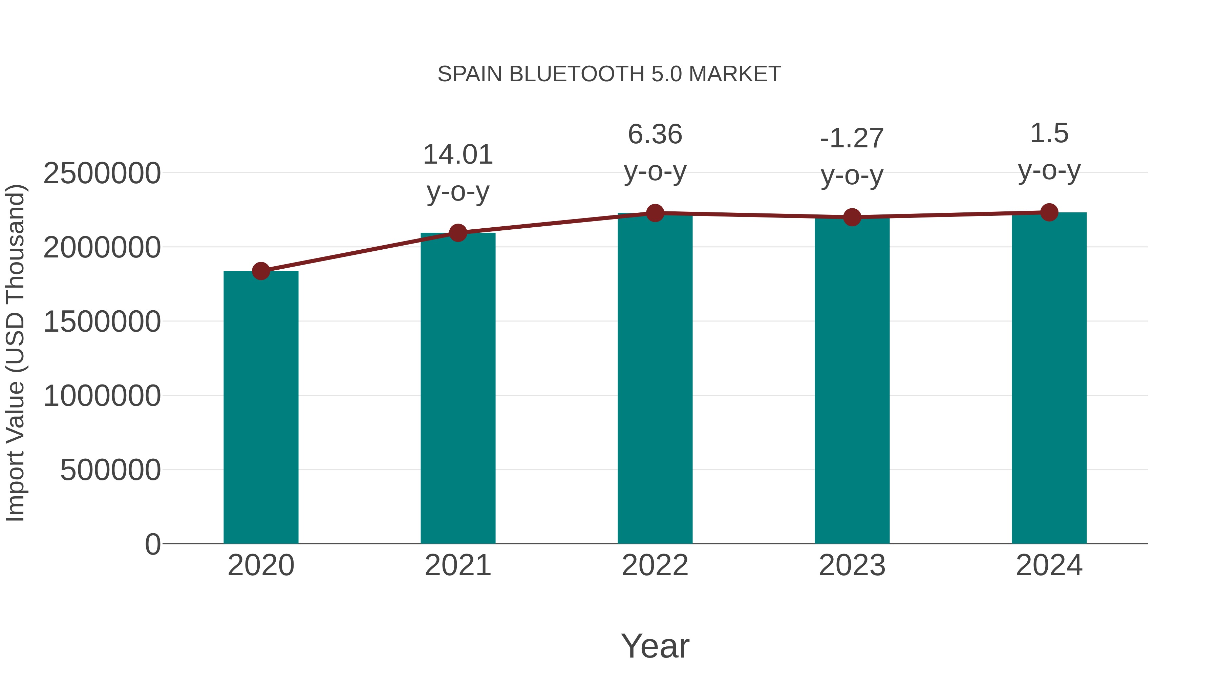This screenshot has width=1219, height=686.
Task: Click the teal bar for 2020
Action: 261,407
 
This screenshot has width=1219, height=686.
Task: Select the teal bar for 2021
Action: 457,388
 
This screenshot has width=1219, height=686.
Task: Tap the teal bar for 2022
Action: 655,379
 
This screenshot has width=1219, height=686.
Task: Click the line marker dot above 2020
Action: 261,271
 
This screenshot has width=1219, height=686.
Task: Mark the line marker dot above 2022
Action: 655,213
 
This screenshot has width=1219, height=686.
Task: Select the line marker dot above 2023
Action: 852,217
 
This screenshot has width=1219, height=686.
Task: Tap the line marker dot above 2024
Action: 1049,212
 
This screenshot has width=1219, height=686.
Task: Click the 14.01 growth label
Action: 457,155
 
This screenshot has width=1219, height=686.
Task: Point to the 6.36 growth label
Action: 655,134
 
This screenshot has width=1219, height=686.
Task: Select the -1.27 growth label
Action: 852,139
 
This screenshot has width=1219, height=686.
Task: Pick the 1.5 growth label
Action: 1049,133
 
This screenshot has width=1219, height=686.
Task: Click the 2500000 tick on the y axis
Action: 102,173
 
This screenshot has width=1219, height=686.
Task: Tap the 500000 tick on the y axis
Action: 110,470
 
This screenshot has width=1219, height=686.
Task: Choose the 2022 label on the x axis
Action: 655,565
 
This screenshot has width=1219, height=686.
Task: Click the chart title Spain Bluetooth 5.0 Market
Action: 609,74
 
